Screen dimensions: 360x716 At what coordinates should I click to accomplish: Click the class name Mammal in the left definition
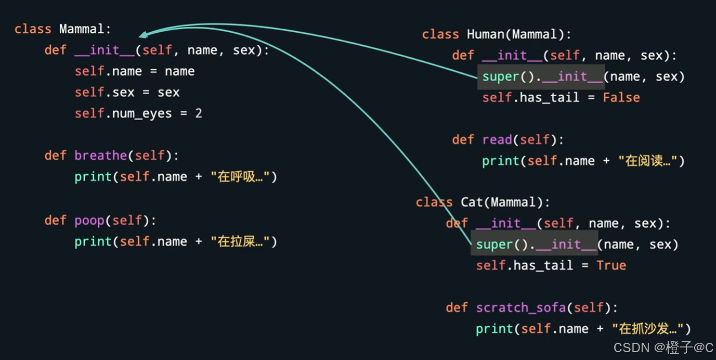click(x=82, y=29)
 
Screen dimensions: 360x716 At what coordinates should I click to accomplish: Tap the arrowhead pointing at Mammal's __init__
click(x=142, y=35)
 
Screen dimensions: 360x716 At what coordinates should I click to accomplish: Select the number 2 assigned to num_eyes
click(x=199, y=113)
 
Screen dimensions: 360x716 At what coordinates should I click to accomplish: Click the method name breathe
click(x=100, y=156)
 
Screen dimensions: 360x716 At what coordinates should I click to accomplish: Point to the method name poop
click(x=89, y=221)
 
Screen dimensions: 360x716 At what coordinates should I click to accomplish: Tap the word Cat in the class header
click(x=472, y=202)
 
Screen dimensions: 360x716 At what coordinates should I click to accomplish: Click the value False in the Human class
click(x=621, y=98)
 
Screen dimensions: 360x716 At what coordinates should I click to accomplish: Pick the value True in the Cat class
click(x=611, y=266)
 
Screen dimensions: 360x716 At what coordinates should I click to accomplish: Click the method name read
click(x=497, y=140)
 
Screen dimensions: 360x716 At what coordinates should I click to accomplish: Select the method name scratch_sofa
click(x=520, y=308)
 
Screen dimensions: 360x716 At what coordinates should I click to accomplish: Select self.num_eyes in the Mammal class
click(x=123, y=113)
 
